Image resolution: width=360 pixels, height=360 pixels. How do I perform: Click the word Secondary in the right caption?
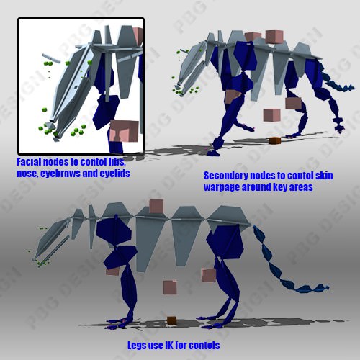click(x=225, y=176)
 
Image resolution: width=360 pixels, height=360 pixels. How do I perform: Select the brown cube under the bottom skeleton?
click(x=171, y=320)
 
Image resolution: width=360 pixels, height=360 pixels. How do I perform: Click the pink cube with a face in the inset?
click(x=124, y=130)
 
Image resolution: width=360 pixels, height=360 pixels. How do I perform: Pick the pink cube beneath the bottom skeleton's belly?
click(x=170, y=287)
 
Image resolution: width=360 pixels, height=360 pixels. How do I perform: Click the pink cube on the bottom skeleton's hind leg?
click(x=210, y=274)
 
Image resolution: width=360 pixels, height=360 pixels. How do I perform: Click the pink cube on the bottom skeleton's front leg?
click(x=113, y=269)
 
